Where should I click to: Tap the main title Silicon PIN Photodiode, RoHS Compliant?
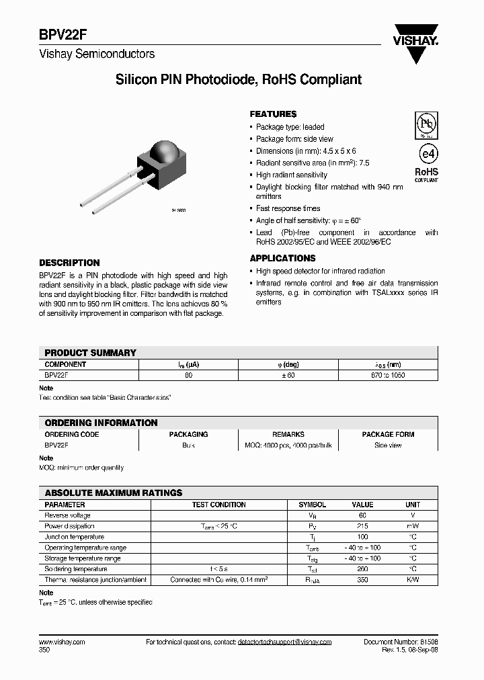(x=239, y=80)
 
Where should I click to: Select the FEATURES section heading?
(x=273, y=114)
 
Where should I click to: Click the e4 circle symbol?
(x=426, y=151)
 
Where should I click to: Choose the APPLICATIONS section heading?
(x=282, y=258)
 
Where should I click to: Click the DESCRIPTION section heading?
(x=69, y=263)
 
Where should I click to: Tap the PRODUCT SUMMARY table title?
(x=90, y=353)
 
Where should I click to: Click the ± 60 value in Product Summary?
(x=288, y=376)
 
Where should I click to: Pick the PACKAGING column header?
(x=188, y=435)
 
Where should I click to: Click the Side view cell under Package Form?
(x=388, y=445)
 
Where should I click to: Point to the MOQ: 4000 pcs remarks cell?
(x=288, y=445)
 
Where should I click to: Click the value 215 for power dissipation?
(x=362, y=526)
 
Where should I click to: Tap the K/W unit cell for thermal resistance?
(x=413, y=579)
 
